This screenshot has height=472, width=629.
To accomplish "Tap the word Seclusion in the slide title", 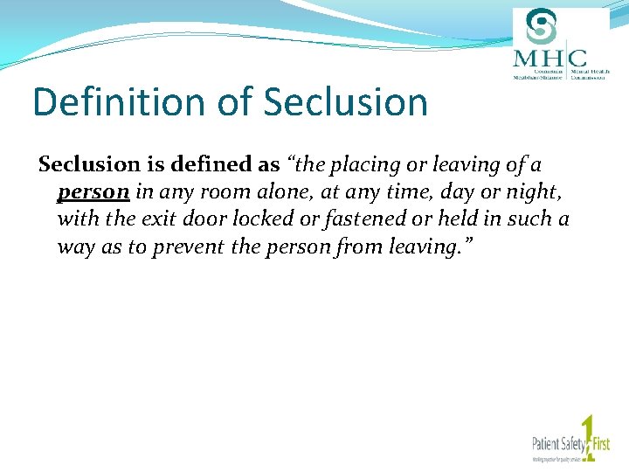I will point(345,102).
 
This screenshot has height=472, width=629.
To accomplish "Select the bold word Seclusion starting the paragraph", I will point(89,164).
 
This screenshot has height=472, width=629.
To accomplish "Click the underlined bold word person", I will point(93,191).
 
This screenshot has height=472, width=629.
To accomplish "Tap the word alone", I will point(287,191).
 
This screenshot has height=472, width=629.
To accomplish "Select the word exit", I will point(145,219).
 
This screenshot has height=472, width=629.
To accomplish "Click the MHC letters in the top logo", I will point(550,58).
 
